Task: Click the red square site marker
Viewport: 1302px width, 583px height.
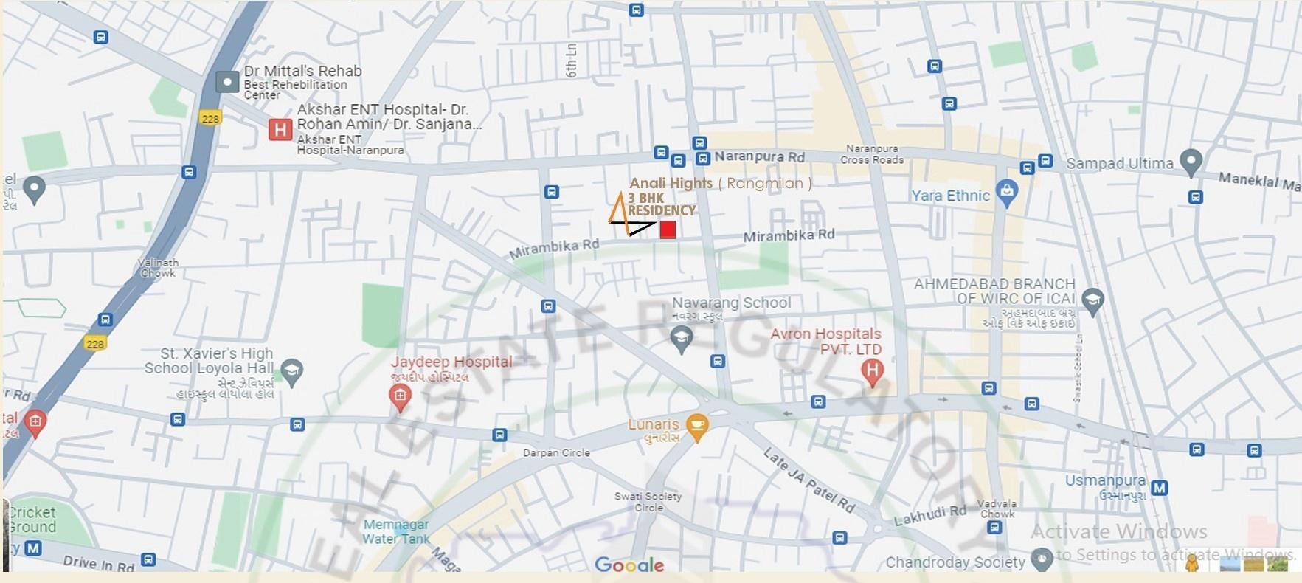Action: click(x=668, y=230)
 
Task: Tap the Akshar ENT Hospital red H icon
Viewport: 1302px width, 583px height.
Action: click(x=280, y=131)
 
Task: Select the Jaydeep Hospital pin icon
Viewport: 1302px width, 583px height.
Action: click(x=400, y=398)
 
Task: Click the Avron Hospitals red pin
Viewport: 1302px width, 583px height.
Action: click(x=872, y=371)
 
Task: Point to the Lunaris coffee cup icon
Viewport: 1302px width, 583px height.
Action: click(x=696, y=426)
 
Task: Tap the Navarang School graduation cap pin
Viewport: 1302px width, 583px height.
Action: click(x=681, y=339)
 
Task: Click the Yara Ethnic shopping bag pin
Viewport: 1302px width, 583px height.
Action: click(x=1006, y=192)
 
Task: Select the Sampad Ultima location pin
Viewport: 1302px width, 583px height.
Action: click(x=1191, y=162)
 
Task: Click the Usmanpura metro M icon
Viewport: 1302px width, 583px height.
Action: click(x=1159, y=488)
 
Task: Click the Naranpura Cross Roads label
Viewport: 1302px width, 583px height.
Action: click(x=872, y=154)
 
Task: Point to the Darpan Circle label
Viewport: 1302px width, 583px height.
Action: click(x=556, y=453)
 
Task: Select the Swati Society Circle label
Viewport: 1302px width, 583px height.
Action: click(x=648, y=502)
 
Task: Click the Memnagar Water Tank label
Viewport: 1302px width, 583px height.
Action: click(x=396, y=531)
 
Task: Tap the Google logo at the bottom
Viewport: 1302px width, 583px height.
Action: click(x=629, y=565)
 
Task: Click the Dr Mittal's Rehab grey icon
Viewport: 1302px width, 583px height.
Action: click(x=227, y=82)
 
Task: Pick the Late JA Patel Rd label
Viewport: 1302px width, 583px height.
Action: click(x=809, y=480)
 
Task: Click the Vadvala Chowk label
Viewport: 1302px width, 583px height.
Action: click(x=997, y=508)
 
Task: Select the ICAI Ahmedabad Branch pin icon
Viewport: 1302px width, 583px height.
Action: click(x=1092, y=299)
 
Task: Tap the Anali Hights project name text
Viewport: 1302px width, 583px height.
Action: click(x=671, y=183)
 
